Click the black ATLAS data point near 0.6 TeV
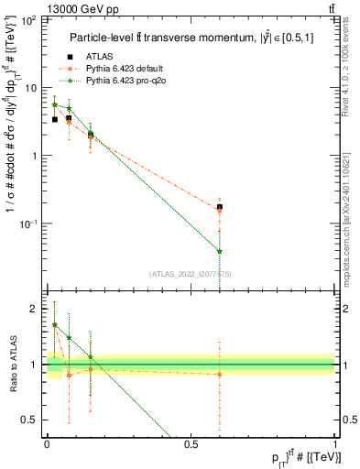(220, 207)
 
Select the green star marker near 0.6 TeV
(220, 251)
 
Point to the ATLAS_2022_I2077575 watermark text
(190, 274)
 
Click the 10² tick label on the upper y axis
(29, 19)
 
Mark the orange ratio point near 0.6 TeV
(220, 374)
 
